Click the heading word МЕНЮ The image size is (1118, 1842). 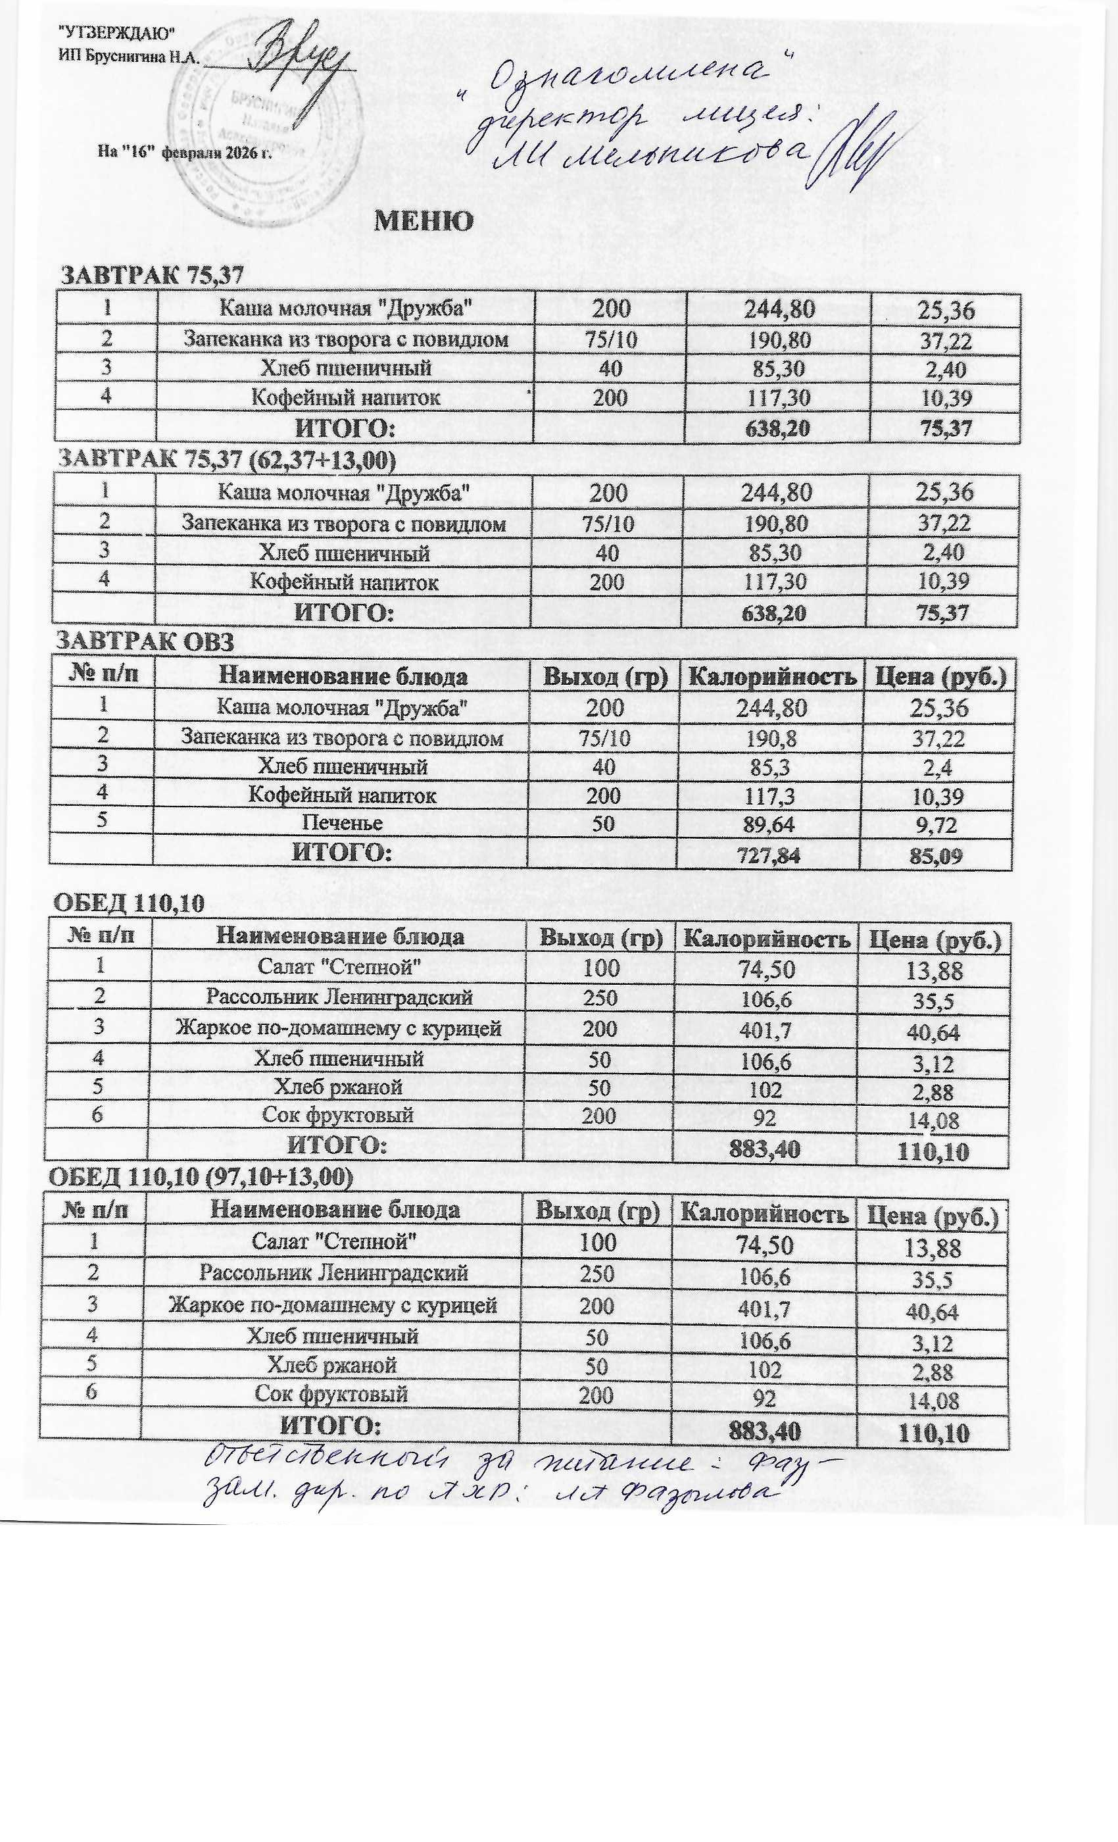point(423,221)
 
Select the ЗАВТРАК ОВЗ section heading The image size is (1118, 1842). point(146,641)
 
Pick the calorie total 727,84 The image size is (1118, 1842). point(768,855)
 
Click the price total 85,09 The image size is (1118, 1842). point(936,855)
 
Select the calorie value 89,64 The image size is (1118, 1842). point(768,823)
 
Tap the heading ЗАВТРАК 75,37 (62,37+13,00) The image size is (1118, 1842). point(226,459)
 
